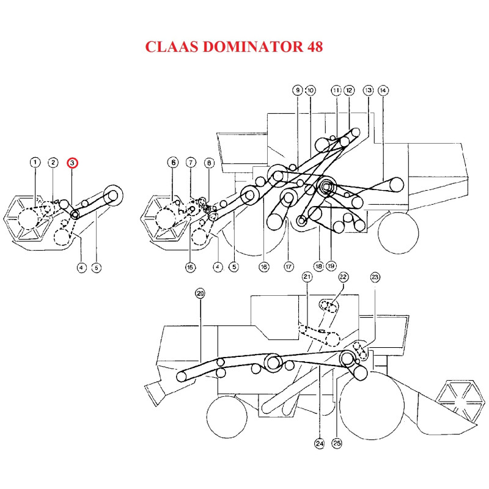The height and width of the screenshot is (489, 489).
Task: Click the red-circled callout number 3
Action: [72, 163]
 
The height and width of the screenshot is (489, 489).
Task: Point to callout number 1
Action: [35, 163]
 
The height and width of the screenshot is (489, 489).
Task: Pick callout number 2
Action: [54, 163]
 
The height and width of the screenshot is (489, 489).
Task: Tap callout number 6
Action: [174, 163]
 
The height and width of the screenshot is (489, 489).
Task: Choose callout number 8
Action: [208, 163]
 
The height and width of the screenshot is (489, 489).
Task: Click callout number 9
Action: [298, 90]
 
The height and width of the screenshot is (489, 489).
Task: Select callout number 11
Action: [336, 90]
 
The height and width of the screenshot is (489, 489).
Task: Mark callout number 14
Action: [383, 90]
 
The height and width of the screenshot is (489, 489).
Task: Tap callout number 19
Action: [331, 267]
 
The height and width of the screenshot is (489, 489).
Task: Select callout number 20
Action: [200, 294]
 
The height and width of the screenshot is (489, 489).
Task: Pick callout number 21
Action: [307, 278]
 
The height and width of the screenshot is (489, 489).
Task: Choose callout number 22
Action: [344, 278]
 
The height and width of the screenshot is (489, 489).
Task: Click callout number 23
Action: [375, 278]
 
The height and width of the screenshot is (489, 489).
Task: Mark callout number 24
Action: [319, 444]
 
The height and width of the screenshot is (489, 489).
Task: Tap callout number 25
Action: [336, 444]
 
